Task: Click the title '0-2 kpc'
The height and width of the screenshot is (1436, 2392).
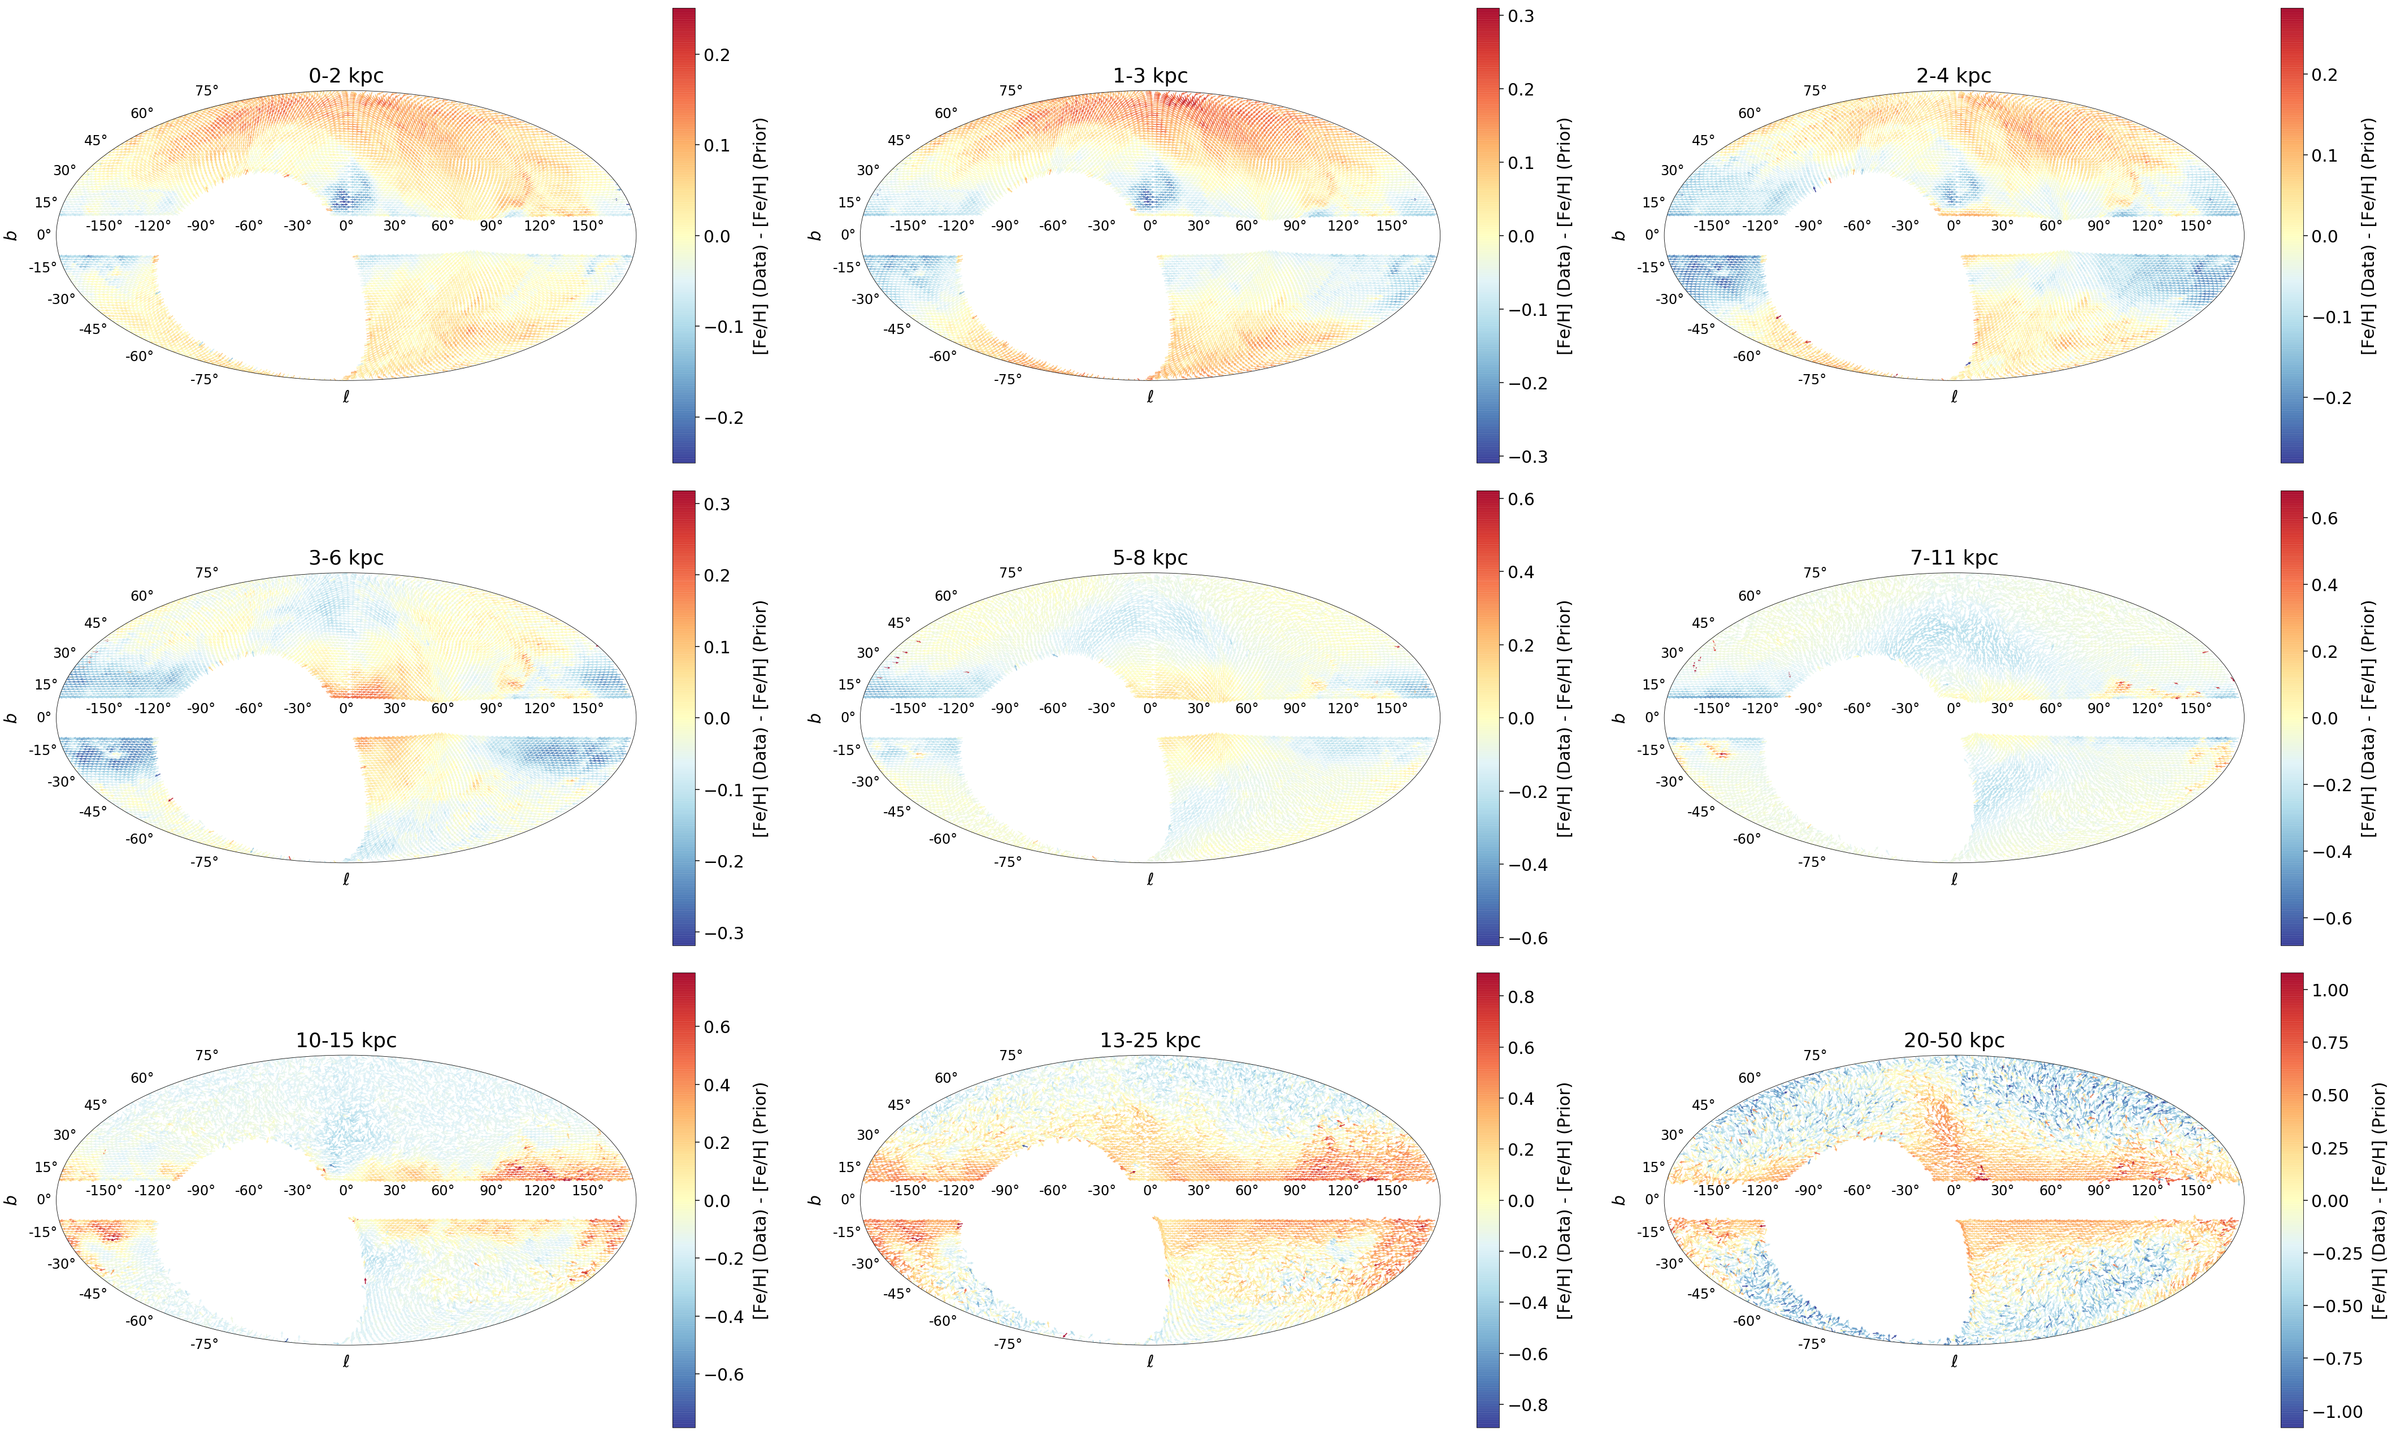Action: (345, 76)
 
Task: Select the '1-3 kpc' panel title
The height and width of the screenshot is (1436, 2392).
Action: (1149, 76)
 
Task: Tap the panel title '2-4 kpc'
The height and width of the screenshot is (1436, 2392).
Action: (1953, 76)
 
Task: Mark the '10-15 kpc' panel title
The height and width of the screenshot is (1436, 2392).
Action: (345, 1040)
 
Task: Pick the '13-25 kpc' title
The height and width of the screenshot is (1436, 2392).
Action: (1149, 1040)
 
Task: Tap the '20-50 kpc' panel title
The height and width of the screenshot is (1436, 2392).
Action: (1953, 1040)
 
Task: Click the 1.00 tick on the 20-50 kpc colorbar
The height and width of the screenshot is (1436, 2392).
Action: (2330, 990)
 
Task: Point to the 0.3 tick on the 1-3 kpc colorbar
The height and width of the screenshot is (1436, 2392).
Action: (1521, 16)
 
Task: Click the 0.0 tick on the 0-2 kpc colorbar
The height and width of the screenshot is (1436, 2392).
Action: (717, 236)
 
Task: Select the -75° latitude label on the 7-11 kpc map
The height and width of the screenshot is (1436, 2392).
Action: (1812, 861)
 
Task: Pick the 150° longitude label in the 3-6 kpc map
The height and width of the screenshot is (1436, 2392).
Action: (587, 708)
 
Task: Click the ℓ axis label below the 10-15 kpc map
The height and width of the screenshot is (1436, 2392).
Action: (345, 1360)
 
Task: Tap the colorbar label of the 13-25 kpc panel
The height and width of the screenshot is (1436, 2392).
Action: (1564, 1201)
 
